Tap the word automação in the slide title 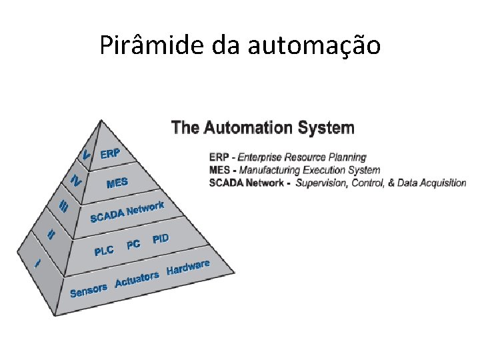coord(314,45)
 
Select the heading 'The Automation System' coord(263,127)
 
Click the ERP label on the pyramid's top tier coord(110,153)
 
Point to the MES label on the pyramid coord(117,183)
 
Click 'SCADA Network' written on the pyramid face coord(127,211)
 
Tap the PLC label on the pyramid coord(104,251)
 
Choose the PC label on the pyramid coord(133,245)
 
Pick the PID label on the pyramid coord(161,239)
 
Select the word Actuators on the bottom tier coord(137,279)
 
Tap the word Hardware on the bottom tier coord(188,267)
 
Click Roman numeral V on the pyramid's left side coord(85,154)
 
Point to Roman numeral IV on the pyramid coord(76,181)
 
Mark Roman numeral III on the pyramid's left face coord(64,207)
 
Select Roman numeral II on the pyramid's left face coord(51,234)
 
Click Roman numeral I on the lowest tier coord(38,263)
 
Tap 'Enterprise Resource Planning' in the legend coord(302,157)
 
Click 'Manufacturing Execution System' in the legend coord(310,170)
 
